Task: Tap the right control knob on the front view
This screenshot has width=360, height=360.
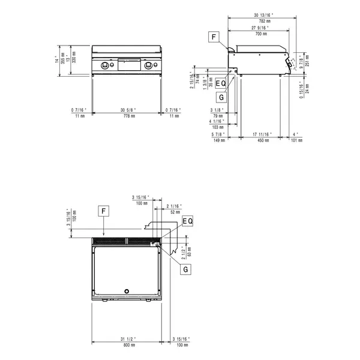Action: point(148,65)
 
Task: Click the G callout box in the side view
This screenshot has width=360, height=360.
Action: point(222,97)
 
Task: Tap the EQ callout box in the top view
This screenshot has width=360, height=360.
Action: point(187,222)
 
